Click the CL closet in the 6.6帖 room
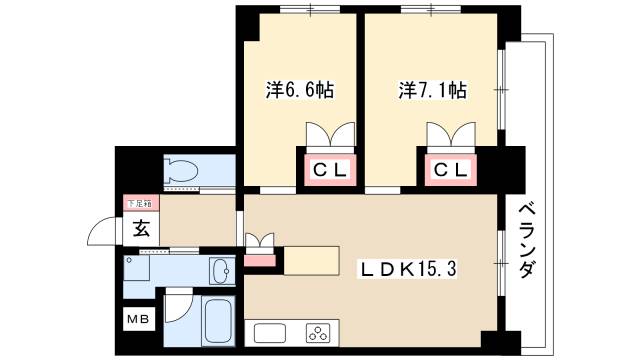point(328,171)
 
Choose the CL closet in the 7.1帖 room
point(449,171)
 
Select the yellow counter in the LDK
point(312,259)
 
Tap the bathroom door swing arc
point(178,305)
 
